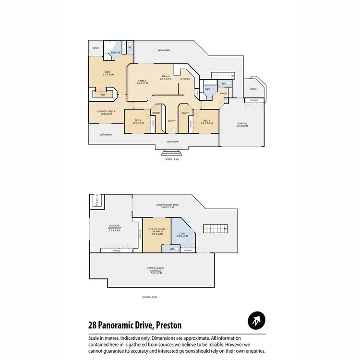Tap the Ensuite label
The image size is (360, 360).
[115, 52]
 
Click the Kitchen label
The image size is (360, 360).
[185, 79]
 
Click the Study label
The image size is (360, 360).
[185, 114]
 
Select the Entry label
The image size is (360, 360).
[172, 120]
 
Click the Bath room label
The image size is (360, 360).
[208, 89]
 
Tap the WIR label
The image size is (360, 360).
[103, 95]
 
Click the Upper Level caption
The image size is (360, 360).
[172, 159]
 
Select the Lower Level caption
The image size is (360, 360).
[150, 297]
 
